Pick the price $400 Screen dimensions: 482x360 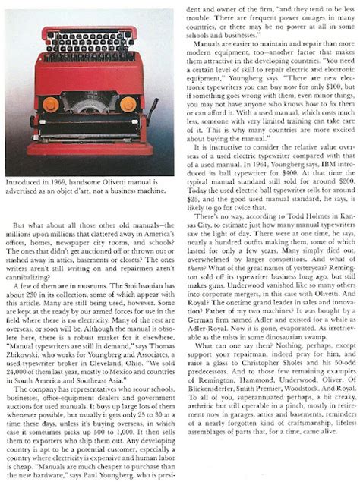pyautogui.click(x=268, y=175)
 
